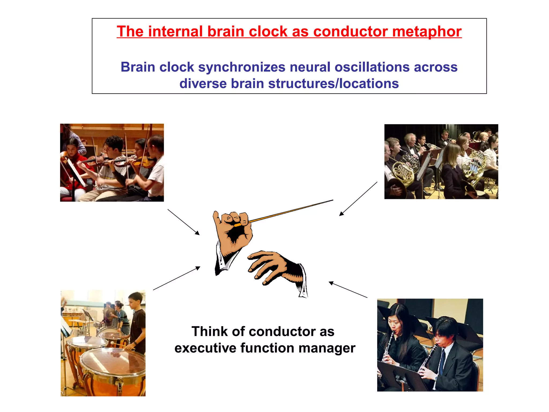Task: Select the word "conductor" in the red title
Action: tap(350, 32)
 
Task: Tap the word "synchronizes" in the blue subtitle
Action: tap(242, 67)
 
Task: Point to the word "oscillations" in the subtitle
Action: tap(372, 67)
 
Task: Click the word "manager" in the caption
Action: tap(327, 348)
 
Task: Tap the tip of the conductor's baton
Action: tap(332, 200)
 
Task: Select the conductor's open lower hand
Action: tap(271, 266)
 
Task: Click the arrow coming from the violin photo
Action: tap(184, 222)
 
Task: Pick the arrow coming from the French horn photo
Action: tap(358, 199)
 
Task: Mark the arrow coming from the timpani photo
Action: tap(177, 278)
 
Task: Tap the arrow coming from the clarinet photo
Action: tap(348, 290)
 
